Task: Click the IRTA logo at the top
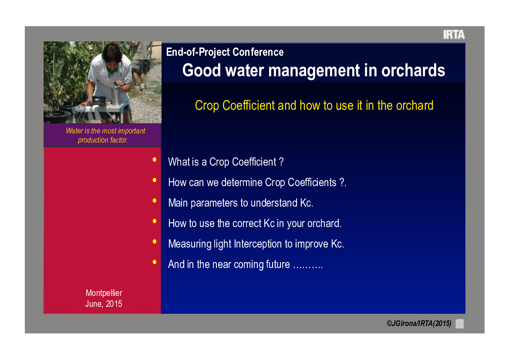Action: coord(454,34)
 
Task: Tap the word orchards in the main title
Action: coord(413,70)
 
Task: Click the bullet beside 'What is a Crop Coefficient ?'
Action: coord(155,160)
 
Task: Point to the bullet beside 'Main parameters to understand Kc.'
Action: coord(155,200)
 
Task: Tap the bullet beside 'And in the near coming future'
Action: coord(155,262)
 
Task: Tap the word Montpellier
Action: coord(104,293)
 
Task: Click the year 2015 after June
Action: coord(114,304)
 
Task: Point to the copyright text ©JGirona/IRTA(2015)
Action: coord(419,324)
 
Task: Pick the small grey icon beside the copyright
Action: coord(460,324)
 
